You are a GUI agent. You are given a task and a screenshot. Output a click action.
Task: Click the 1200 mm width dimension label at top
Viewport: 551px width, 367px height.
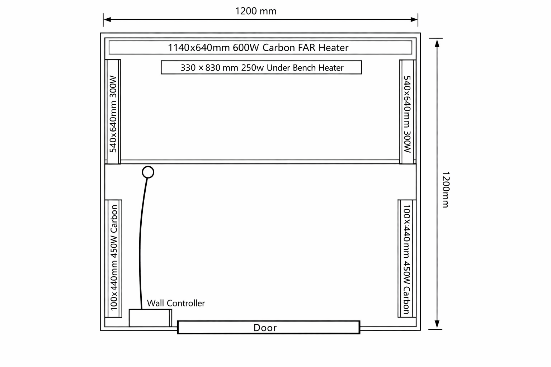[256, 11]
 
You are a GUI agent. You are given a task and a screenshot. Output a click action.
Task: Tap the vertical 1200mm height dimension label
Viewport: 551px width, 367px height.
[445, 189]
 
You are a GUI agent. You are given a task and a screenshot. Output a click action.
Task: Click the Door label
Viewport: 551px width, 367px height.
[265, 328]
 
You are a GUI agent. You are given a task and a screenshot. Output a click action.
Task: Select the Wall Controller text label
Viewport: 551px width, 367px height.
[176, 303]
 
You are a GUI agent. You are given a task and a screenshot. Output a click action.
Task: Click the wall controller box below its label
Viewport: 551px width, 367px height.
[149, 318]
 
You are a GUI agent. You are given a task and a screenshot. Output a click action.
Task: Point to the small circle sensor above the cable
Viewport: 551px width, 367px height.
[148, 172]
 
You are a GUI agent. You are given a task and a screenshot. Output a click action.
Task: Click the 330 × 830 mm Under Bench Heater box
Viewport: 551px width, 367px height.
[261, 67]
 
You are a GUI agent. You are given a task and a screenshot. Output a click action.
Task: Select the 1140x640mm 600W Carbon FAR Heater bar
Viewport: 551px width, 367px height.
[260, 47]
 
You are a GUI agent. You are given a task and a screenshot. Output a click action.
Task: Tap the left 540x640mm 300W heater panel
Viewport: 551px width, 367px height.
[113, 112]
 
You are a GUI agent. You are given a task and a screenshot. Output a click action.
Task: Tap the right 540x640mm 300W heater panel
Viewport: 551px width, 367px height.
[407, 112]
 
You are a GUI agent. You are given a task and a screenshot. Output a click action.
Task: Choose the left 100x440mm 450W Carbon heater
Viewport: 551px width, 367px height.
[114, 258]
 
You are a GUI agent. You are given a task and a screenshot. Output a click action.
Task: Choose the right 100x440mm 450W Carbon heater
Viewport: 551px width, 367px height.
[406, 258]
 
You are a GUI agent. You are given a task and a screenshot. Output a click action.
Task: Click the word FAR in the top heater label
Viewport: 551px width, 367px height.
[307, 47]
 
